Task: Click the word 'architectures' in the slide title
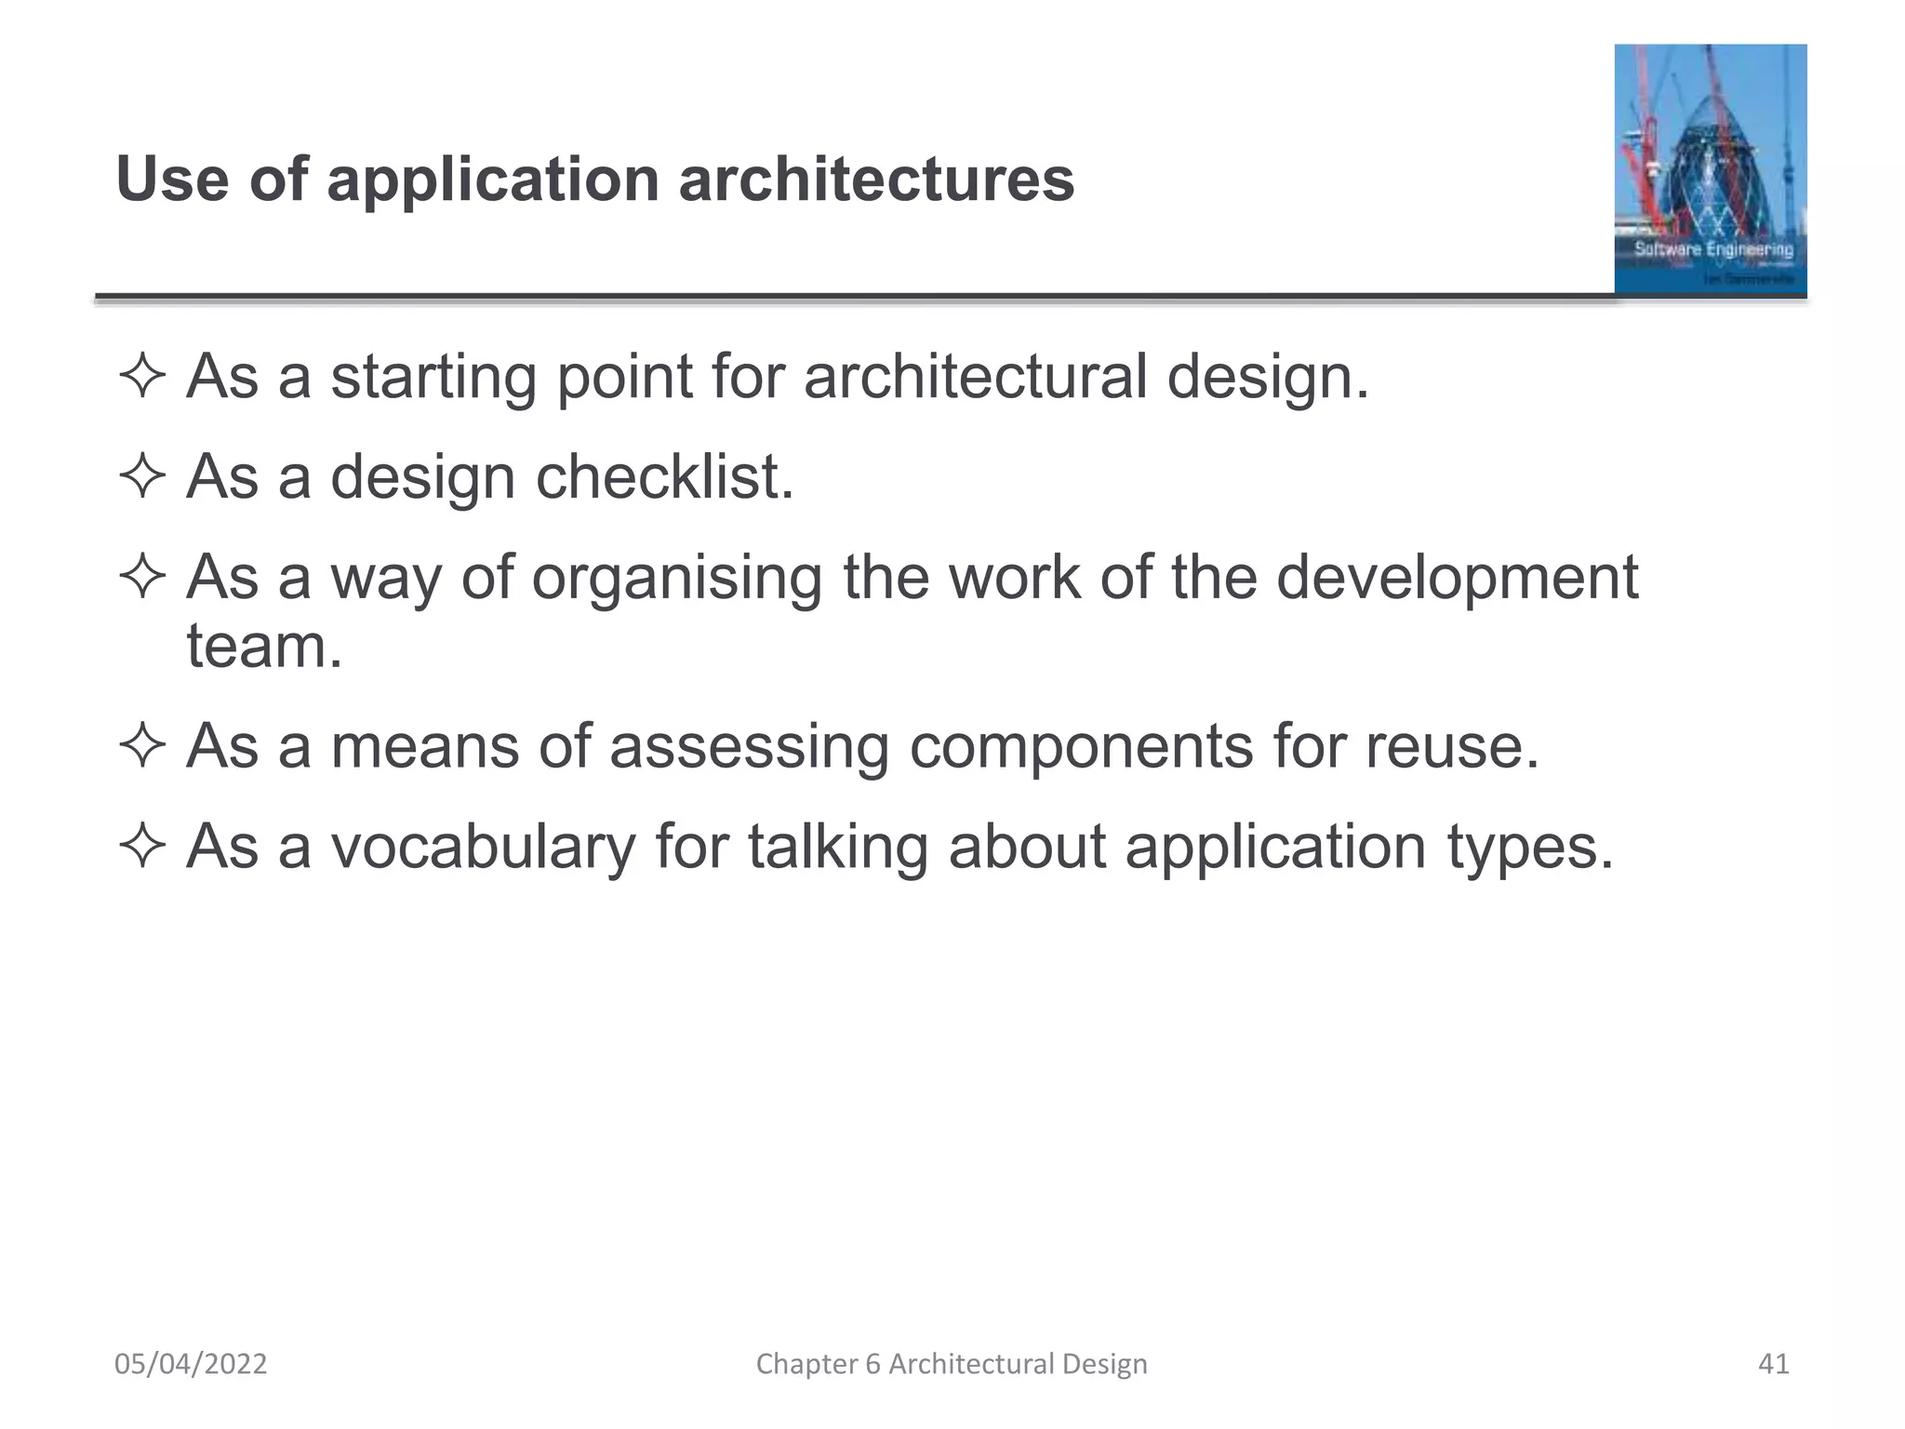click(x=876, y=180)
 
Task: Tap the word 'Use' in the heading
click(x=172, y=180)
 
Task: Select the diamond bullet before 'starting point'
click(x=142, y=379)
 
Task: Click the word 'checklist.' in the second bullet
click(x=664, y=477)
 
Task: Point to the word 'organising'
click(x=676, y=579)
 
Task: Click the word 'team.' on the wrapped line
click(x=264, y=647)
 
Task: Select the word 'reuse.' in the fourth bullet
click(x=1452, y=747)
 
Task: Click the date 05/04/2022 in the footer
click(x=191, y=1364)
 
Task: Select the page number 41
click(x=1773, y=1364)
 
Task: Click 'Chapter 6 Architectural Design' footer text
click(x=952, y=1364)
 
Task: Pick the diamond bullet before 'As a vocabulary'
click(x=142, y=848)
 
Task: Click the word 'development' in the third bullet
click(x=1456, y=579)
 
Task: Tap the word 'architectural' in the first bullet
click(x=975, y=378)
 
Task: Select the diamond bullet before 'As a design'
click(x=142, y=478)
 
